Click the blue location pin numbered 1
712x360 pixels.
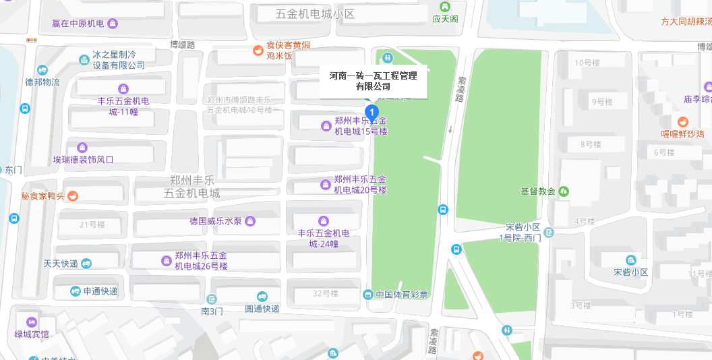pos(371,113)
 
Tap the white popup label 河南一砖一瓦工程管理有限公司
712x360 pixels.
pos(373,81)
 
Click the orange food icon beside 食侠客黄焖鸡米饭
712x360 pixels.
pos(258,50)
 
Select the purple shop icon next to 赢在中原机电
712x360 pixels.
pos(113,24)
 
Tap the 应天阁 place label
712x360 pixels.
pos(445,19)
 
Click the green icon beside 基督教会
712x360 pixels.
pos(564,191)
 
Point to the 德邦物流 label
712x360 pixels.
pos(42,82)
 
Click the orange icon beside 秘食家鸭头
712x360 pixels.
pos(73,196)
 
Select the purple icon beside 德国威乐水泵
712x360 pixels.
pos(250,221)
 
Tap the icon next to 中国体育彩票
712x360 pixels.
pos(367,295)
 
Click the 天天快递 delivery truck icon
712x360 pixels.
pos(86,264)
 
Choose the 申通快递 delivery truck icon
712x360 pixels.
pos(76,291)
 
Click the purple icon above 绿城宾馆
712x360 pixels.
pos(31,322)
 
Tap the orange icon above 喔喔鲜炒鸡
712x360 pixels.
pos(683,121)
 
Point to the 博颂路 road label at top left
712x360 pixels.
pos(182,44)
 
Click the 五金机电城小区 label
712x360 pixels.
pos(315,13)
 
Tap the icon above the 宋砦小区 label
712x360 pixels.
pos(630,260)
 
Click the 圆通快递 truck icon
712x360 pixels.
pos(262,297)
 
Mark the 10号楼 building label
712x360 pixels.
pos(587,63)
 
